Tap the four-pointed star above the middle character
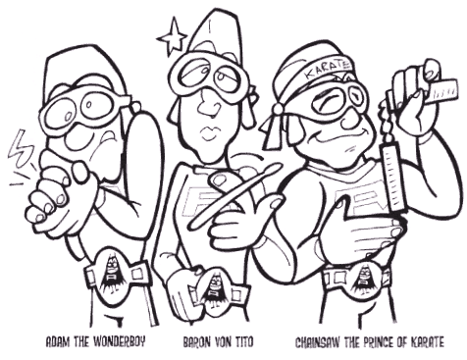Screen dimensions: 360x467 (x=173, y=38)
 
